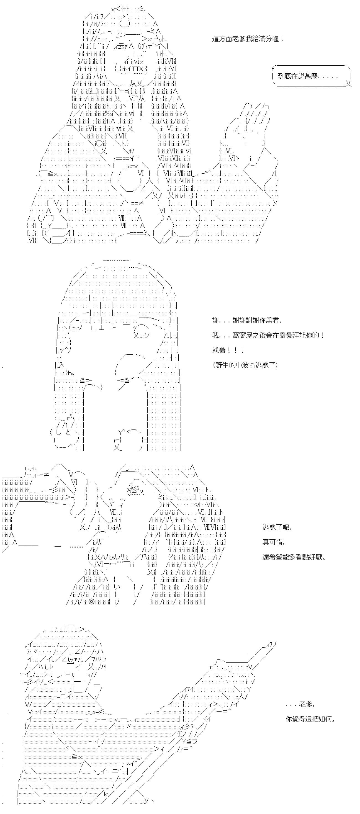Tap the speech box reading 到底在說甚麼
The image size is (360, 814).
(x=311, y=76)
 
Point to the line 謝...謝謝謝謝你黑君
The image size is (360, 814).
(x=246, y=320)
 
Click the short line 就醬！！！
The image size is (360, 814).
(x=228, y=350)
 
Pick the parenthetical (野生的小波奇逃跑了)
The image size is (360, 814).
(x=245, y=365)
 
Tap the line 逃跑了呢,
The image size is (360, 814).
(x=277, y=527)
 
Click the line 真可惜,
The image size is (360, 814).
(x=273, y=542)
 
